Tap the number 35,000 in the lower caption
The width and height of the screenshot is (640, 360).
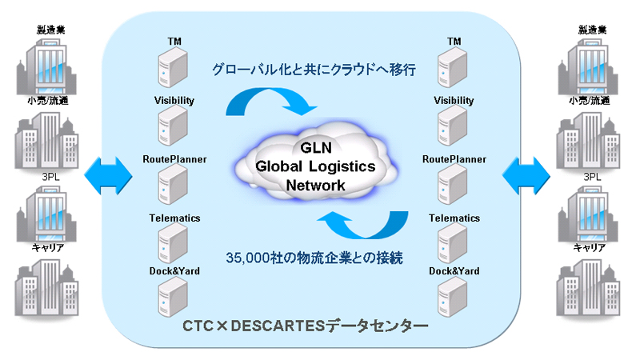pos(250,258)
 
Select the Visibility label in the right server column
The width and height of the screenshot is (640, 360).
pos(454,101)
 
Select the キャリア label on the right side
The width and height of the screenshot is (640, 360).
pos(593,247)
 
